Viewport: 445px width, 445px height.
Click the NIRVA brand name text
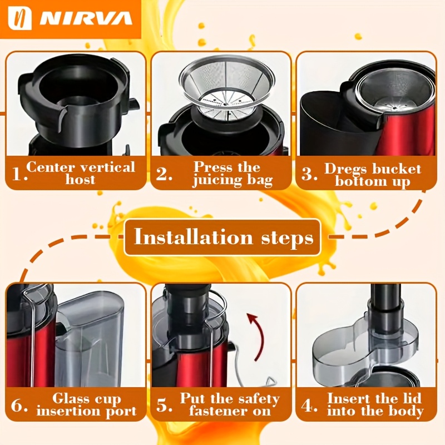pyautogui.click(x=86, y=19)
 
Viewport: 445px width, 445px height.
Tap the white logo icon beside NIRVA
pyautogui.click(x=19, y=18)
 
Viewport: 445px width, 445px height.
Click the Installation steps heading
pyautogui.click(x=224, y=238)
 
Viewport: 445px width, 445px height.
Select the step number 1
pyautogui.click(x=19, y=174)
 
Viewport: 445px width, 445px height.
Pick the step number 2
pyautogui.click(x=164, y=174)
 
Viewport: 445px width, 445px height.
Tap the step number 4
pyautogui.click(x=309, y=405)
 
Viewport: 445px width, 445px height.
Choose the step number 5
pyautogui.click(x=164, y=405)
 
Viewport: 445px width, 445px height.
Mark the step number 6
pyautogui.click(x=19, y=405)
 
